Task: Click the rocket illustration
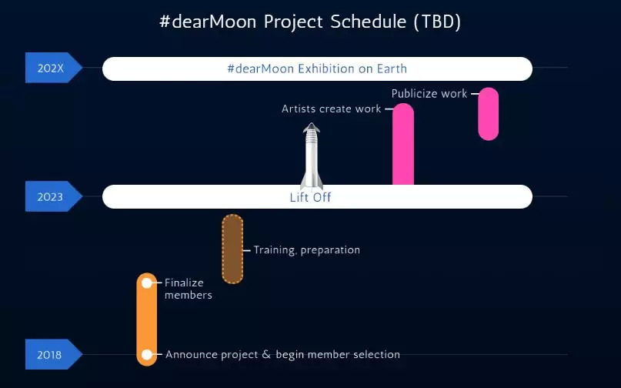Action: coord(312,156)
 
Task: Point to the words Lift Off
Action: coord(310,197)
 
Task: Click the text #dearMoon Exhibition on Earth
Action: coord(317,69)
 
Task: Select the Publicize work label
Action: coord(429,93)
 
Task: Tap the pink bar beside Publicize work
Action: coord(489,114)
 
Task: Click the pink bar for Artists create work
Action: coord(403,144)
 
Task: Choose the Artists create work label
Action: coord(331,109)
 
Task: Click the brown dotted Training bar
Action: coord(232,249)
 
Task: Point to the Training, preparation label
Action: coord(306,250)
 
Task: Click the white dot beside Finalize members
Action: coord(146,283)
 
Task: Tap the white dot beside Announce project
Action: coord(146,354)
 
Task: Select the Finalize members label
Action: coord(188,289)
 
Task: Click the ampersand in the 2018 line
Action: coord(266,354)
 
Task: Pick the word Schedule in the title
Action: coord(369,22)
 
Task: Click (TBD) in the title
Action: coord(437,22)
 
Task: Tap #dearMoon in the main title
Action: coord(208,22)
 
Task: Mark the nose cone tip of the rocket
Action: coord(312,123)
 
